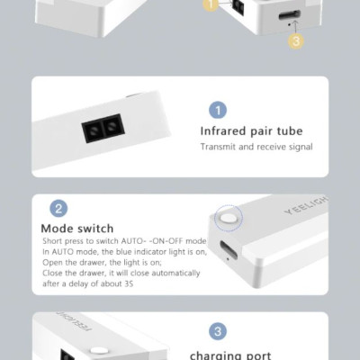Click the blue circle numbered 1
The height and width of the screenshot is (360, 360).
(x=218, y=111)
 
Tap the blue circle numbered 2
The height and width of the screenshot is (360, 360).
(x=58, y=209)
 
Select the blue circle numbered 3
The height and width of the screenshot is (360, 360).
(x=218, y=331)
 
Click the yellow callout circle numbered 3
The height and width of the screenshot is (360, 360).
(x=297, y=40)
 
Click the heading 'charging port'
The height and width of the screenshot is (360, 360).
(x=230, y=355)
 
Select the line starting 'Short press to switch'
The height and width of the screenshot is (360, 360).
(x=124, y=242)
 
